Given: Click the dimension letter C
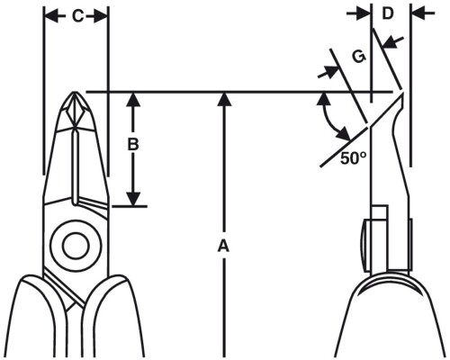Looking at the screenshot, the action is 78,17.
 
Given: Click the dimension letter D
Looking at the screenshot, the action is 388,13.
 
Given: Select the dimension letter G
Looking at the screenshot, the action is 359,57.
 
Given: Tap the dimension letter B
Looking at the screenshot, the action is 133,145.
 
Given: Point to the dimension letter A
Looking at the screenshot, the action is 223,246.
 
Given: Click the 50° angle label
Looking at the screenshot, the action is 354,158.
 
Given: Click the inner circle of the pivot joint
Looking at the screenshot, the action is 76,245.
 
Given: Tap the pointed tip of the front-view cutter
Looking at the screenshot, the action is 75,92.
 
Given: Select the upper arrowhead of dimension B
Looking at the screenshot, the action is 133,99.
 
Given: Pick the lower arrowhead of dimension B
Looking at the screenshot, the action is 133,199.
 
